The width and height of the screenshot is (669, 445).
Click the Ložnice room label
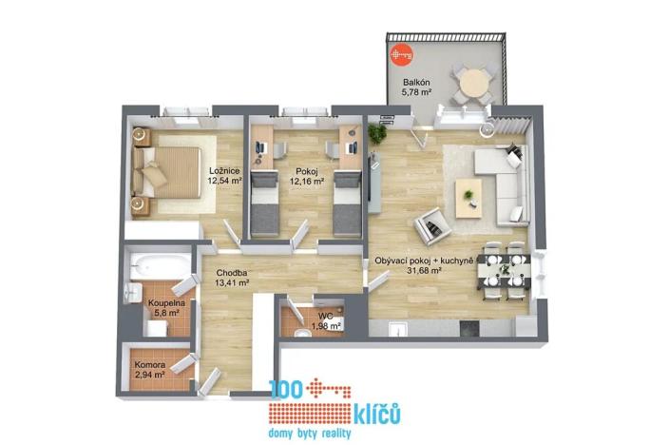point(225,170)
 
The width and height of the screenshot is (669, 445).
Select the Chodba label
point(232,272)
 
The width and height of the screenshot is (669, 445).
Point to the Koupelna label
point(166,303)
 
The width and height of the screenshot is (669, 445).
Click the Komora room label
point(149,364)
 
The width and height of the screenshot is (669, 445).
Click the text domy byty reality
point(311,434)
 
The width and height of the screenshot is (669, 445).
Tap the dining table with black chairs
point(500,267)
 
